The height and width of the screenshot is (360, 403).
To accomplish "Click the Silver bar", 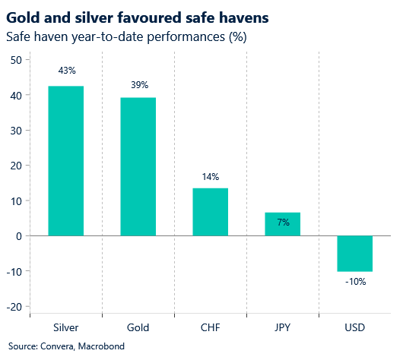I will pyautogui.click(x=65, y=160).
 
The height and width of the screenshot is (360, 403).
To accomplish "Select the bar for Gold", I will pyautogui.click(x=138, y=166).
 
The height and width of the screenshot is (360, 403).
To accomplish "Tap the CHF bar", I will pyautogui.click(x=210, y=212).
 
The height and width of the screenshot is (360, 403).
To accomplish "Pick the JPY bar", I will pyautogui.click(x=282, y=224).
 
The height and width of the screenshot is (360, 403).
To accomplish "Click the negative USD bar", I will pyautogui.click(x=354, y=253).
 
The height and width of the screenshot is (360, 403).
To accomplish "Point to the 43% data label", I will pyautogui.click(x=66, y=71).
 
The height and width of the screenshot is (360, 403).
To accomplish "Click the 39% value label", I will pyautogui.click(x=138, y=84).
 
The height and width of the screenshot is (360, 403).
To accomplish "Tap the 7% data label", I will pyautogui.click(x=283, y=223).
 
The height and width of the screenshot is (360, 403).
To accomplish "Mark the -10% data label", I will pyautogui.click(x=354, y=282).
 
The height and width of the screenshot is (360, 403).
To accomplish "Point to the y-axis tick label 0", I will pyautogui.click(x=19, y=236).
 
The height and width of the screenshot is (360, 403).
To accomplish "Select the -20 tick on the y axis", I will pyautogui.click(x=14, y=306).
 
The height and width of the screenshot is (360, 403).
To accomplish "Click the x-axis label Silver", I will pyautogui.click(x=66, y=328).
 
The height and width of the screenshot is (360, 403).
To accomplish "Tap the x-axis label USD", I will pyautogui.click(x=354, y=328).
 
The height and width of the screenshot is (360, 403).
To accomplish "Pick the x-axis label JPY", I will pyautogui.click(x=282, y=328).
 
